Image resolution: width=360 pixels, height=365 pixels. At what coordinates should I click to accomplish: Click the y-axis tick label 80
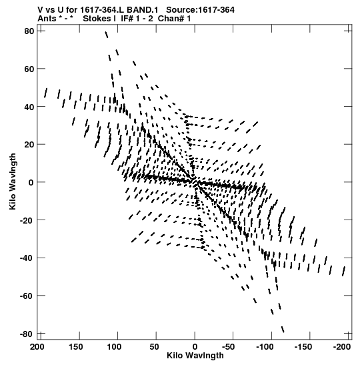coord(29,31)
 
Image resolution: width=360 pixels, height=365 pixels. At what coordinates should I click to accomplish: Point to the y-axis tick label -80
coord(27,334)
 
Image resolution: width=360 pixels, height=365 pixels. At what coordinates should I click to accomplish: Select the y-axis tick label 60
coord(29,69)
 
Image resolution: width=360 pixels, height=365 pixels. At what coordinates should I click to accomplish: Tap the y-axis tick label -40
coord(27,258)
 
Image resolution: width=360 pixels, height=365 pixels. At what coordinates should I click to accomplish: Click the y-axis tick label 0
coord(31,183)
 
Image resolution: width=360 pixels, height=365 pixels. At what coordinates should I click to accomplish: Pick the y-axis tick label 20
coord(29,145)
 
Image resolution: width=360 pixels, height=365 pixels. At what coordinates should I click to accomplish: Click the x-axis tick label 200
coord(37,347)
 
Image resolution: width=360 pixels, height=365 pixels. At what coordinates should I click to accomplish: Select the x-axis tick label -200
coord(342,347)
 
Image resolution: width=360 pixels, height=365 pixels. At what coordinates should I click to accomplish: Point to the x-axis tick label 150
coord(75,347)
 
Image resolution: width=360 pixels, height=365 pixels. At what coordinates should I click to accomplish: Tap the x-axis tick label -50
coord(228,347)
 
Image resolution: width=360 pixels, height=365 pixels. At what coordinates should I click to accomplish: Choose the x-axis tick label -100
coord(265,347)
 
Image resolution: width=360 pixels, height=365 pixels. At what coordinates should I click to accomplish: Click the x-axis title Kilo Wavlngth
coord(195,356)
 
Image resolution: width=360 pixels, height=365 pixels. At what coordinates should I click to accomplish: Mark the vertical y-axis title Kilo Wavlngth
coord(13,181)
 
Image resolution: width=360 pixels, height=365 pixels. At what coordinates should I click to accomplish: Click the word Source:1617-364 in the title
coord(200,10)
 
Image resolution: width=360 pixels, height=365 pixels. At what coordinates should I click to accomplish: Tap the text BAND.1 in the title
coord(143,10)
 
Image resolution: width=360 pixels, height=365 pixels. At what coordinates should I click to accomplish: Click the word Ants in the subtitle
coord(47,19)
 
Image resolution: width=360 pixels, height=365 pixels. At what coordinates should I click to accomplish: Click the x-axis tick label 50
coord(154,347)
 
